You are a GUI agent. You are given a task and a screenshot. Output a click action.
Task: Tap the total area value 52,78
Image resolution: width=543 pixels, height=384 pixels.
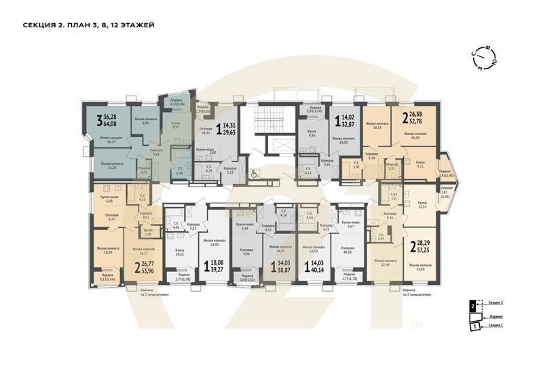pyautogui.click(x=422, y=122)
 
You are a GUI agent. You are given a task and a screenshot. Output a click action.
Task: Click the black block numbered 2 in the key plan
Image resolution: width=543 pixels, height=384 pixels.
pyautogui.click(x=472, y=307)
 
